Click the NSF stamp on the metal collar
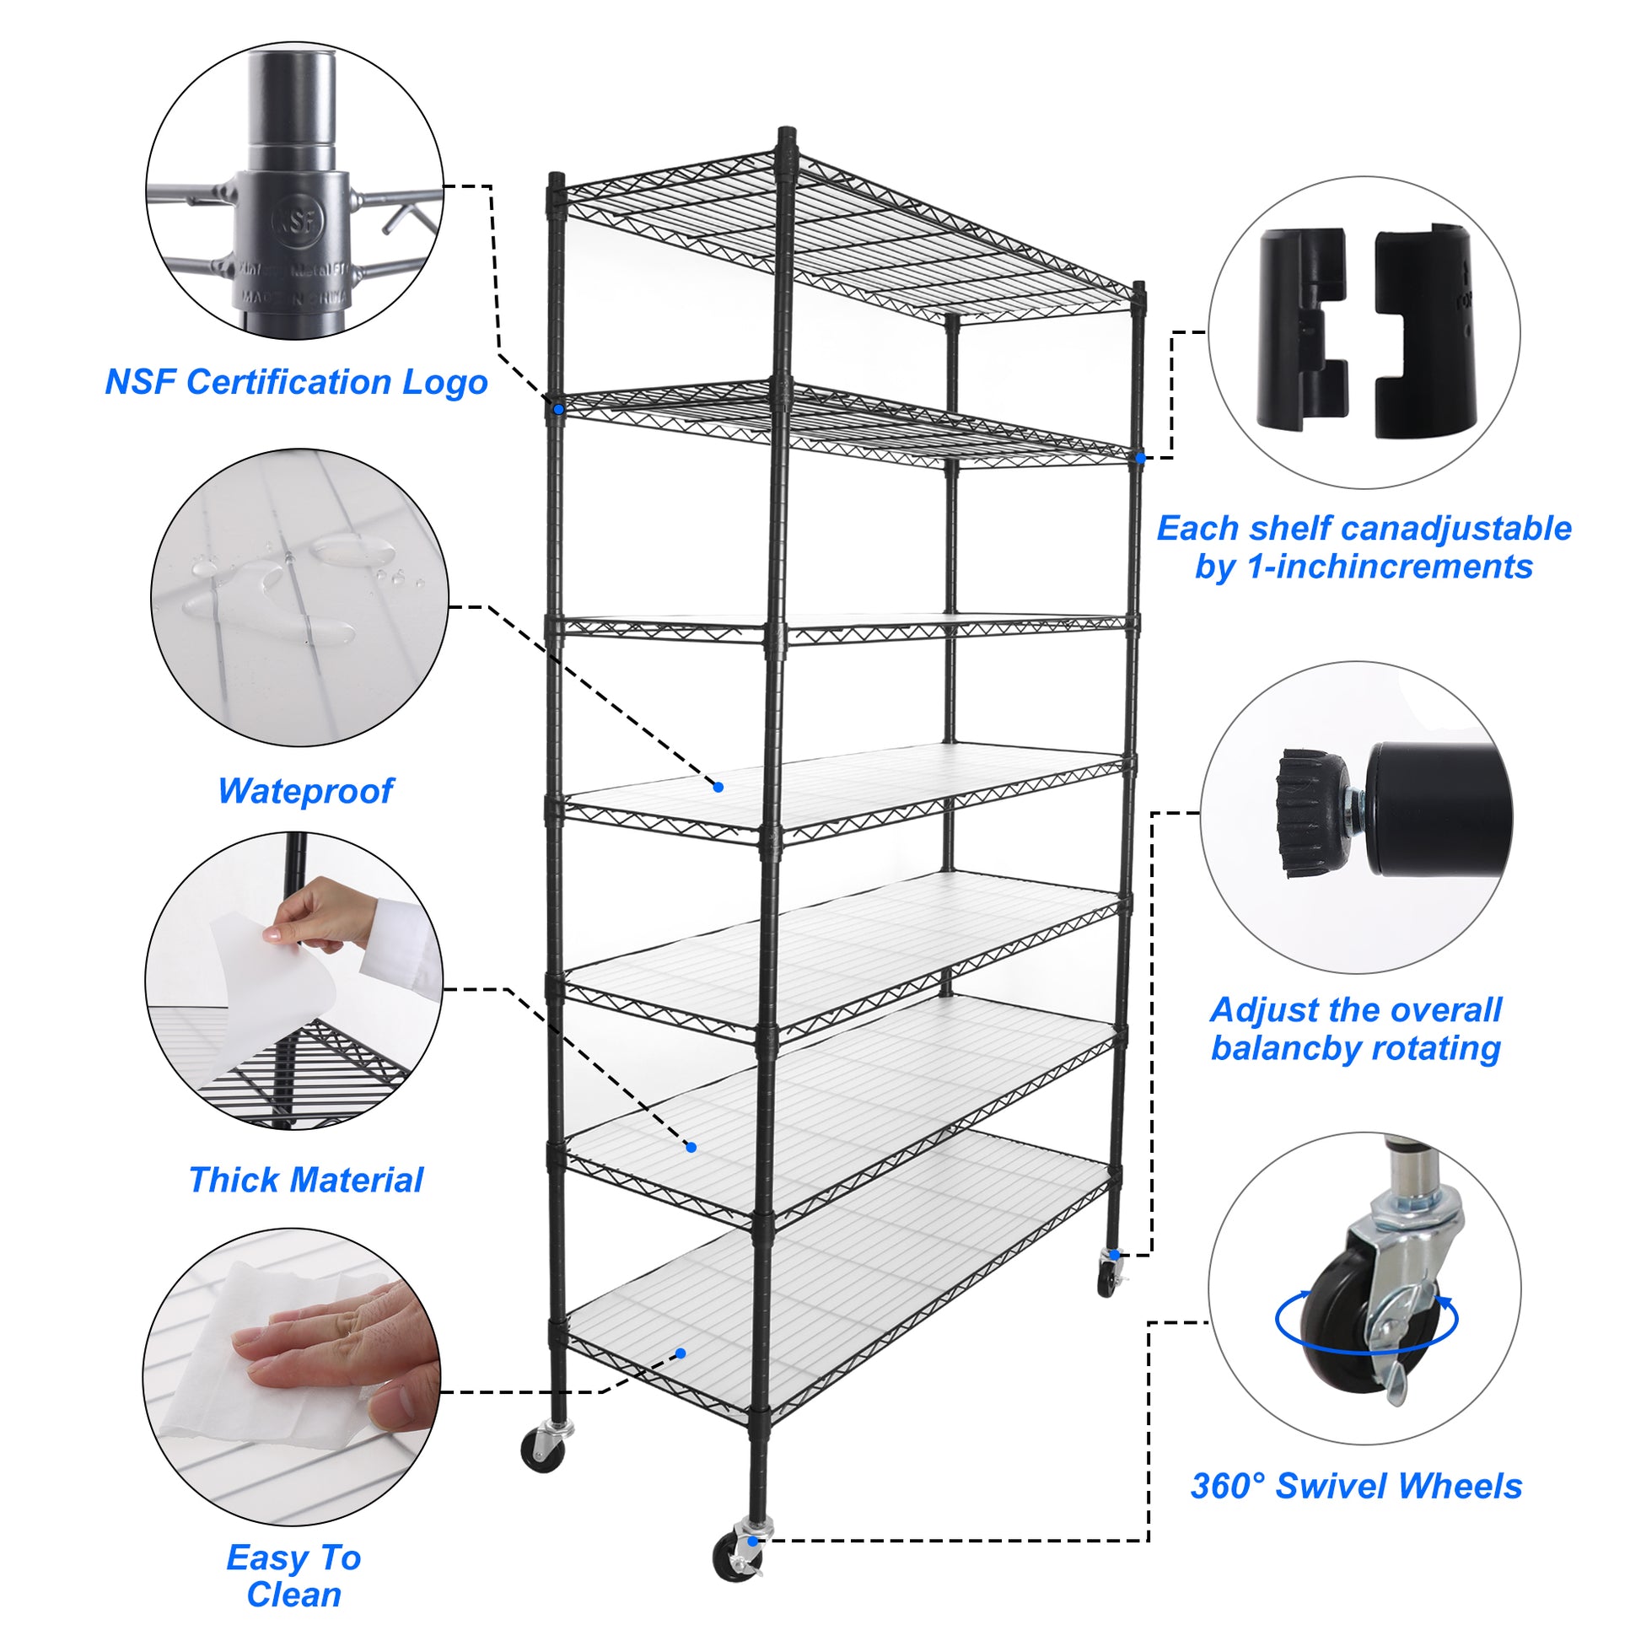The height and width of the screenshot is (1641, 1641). coord(299,222)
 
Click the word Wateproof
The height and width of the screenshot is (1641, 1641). coord(306,791)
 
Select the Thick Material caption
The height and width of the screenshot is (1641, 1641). coord(306,1180)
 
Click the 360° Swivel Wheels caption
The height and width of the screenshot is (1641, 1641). coord(1356,1486)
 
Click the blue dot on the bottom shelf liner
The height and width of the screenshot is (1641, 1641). coord(681,1353)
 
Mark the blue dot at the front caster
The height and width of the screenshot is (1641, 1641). coord(752,1541)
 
